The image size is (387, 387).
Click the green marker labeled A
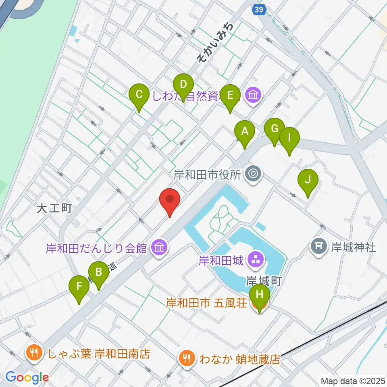click(245, 132)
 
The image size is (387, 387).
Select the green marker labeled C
click(139, 95)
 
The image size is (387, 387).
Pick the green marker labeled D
click(183, 85)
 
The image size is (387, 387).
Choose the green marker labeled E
click(230, 96)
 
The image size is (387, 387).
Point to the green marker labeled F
click(79, 287)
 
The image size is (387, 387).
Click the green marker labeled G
click(275, 129)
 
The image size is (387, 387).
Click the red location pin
click(170, 200)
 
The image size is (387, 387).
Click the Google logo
click(27, 378)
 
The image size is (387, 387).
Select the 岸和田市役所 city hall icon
click(254, 174)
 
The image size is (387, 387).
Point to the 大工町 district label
click(54, 208)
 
